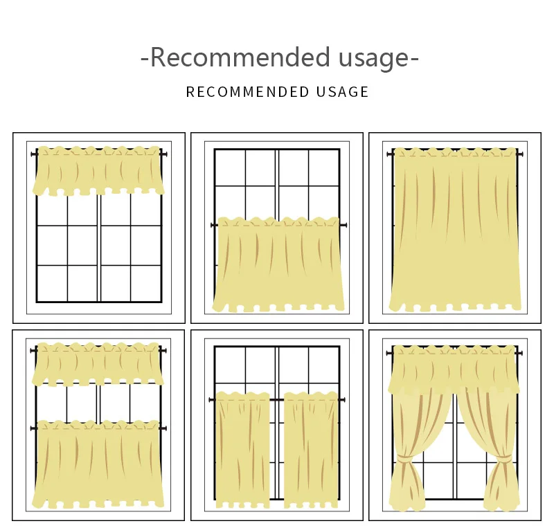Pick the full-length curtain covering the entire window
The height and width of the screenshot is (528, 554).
[x=455, y=228]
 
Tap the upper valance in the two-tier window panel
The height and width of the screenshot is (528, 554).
[x=98, y=364]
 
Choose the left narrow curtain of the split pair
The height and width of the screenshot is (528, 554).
[x=242, y=450]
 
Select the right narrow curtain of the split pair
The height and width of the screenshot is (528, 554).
[x=311, y=450]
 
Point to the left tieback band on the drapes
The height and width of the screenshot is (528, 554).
[x=406, y=458]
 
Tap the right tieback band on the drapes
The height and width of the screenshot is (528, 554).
[x=503, y=458]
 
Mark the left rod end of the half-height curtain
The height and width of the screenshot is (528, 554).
[x=213, y=225]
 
